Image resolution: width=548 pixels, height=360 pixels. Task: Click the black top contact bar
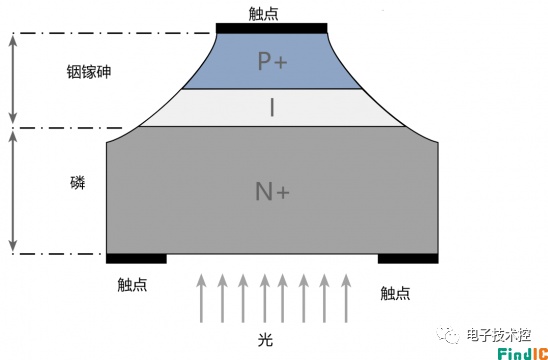point(272,28)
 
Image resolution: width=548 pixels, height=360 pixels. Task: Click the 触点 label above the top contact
point(264,14)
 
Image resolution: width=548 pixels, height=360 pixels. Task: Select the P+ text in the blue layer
point(272,61)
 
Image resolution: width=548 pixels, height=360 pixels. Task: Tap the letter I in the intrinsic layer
point(272,107)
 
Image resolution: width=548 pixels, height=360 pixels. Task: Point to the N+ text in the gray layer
point(272,192)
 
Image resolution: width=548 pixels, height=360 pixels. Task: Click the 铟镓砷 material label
point(89,72)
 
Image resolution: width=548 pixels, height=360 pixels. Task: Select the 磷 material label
point(78,183)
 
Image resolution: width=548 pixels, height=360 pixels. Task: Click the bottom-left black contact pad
point(136,259)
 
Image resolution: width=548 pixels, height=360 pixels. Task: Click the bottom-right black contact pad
point(408,259)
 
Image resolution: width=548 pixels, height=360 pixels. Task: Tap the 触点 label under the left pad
point(132,285)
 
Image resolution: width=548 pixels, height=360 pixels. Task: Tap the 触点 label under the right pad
point(395,293)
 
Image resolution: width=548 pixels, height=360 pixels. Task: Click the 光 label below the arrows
point(266,340)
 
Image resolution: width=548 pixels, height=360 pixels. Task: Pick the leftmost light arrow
point(201,298)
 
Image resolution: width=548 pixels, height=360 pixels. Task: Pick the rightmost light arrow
point(346,298)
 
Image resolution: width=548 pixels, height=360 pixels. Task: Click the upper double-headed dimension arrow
point(13,79)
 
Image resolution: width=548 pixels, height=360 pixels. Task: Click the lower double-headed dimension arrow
point(13,192)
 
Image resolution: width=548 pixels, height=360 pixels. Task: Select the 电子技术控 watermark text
point(499,335)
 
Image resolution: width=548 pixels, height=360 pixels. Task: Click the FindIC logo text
point(523,353)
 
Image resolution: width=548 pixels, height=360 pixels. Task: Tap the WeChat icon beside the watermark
point(448,335)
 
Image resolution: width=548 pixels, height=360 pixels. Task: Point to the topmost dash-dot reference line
point(111,33)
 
